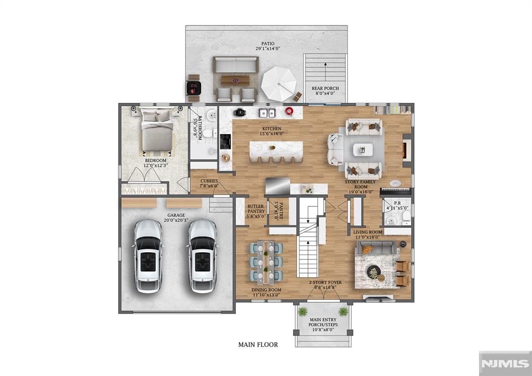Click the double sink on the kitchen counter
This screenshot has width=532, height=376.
pyautogui.click(x=268, y=112)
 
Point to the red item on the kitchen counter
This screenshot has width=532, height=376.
pyautogui.click(x=289, y=111)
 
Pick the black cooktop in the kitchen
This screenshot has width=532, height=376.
pyautogui.click(x=225, y=141)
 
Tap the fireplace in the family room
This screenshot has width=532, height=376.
pyautogui.click(x=407, y=148)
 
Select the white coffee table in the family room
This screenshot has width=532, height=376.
pyautogui.click(x=363, y=150)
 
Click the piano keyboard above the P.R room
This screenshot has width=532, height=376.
pyautogui.click(x=396, y=191)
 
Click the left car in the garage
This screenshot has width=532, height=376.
pyautogui.click(x=148, y=255)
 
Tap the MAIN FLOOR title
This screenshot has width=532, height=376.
pyautogui.click(x=258, y=344)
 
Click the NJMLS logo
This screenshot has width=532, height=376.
pyautogui.click(x=503, y=362)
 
